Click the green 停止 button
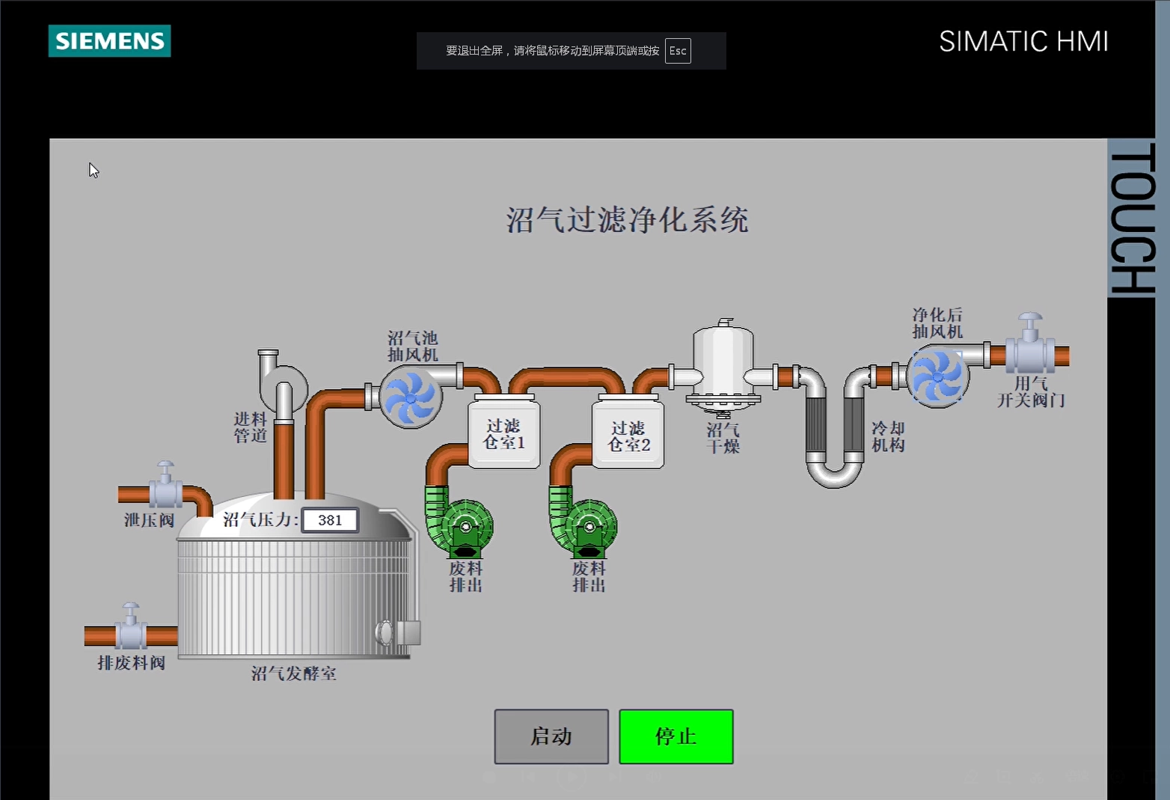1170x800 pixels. tap(676, 736)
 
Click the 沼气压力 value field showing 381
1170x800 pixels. tap(330, 520)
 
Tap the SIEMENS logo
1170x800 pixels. tap(110, 40)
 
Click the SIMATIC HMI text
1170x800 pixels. tap(1023, 41)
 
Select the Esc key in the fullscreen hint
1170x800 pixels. tap(678, 51)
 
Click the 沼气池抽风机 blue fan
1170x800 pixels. tap(411, 397)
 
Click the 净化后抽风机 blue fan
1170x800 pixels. tap(937, 376)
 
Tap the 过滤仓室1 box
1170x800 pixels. tap(504, 433)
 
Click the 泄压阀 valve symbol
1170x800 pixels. tap(166, 485)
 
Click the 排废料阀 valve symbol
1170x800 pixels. tap(131, 626)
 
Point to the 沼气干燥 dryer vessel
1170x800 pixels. tap(723, 368)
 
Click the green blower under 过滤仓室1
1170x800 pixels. tap(459, 522)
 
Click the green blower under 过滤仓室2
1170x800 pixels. tap(583, 522)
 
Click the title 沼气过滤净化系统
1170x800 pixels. tap(627, 219)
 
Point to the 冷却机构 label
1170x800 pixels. tap(888, 437)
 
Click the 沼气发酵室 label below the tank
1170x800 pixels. tap(293, 673)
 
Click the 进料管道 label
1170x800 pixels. tap(250, 427)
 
